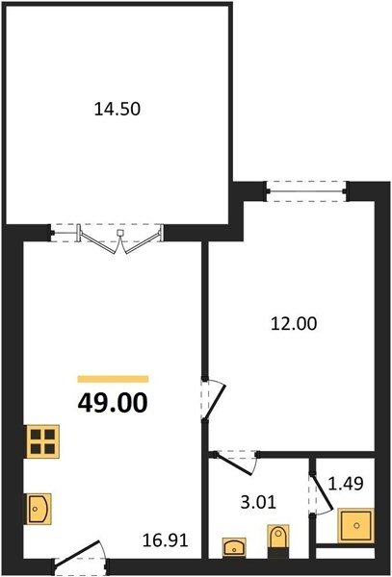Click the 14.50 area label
(x=118, y=110)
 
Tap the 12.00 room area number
(x=294, y=324)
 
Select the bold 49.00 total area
(x=113, y=403)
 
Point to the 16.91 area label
(x=166, y=540)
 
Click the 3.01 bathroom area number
(x=258, y=502)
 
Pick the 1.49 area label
(x=346, y=484)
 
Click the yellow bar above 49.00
(x=113, y=379)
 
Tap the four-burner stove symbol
(x=42, y=441)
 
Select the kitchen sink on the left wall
(x=38, y=509)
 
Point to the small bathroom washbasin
(x=234, y=547)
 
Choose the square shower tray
(x=356, y=525)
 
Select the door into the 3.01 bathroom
(x=236, y=463)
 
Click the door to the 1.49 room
(x=323, y=493)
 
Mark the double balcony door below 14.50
(x=107, y=238)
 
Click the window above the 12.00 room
(x=306, y=191)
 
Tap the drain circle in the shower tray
(x=356, y=526)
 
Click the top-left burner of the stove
(x=36, y=435)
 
